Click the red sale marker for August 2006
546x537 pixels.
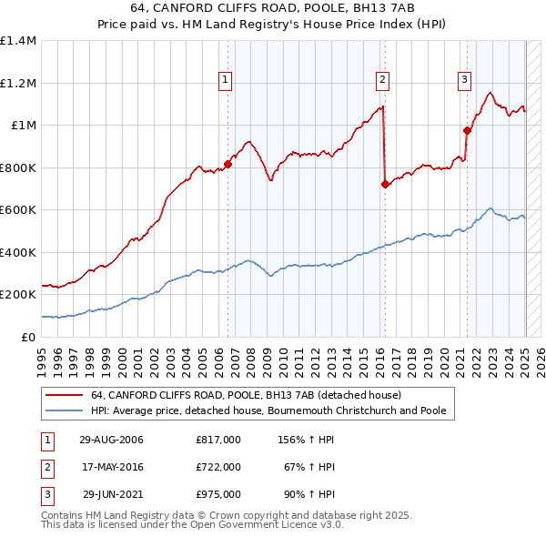227,164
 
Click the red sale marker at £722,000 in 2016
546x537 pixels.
385,184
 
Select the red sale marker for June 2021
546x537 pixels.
468,130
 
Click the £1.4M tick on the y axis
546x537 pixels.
18,41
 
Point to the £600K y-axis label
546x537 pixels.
18,210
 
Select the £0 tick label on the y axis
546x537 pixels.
28,337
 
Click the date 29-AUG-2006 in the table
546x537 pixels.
112,440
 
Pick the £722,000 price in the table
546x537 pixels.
218,467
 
